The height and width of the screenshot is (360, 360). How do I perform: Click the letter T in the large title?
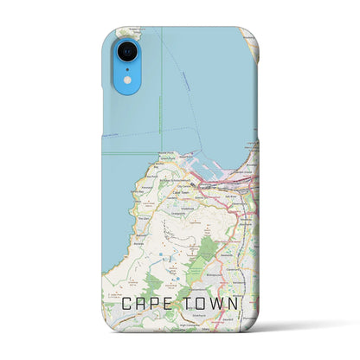click(x=190, y=305)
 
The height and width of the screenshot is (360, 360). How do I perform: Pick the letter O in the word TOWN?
click(x=204, y=305)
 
